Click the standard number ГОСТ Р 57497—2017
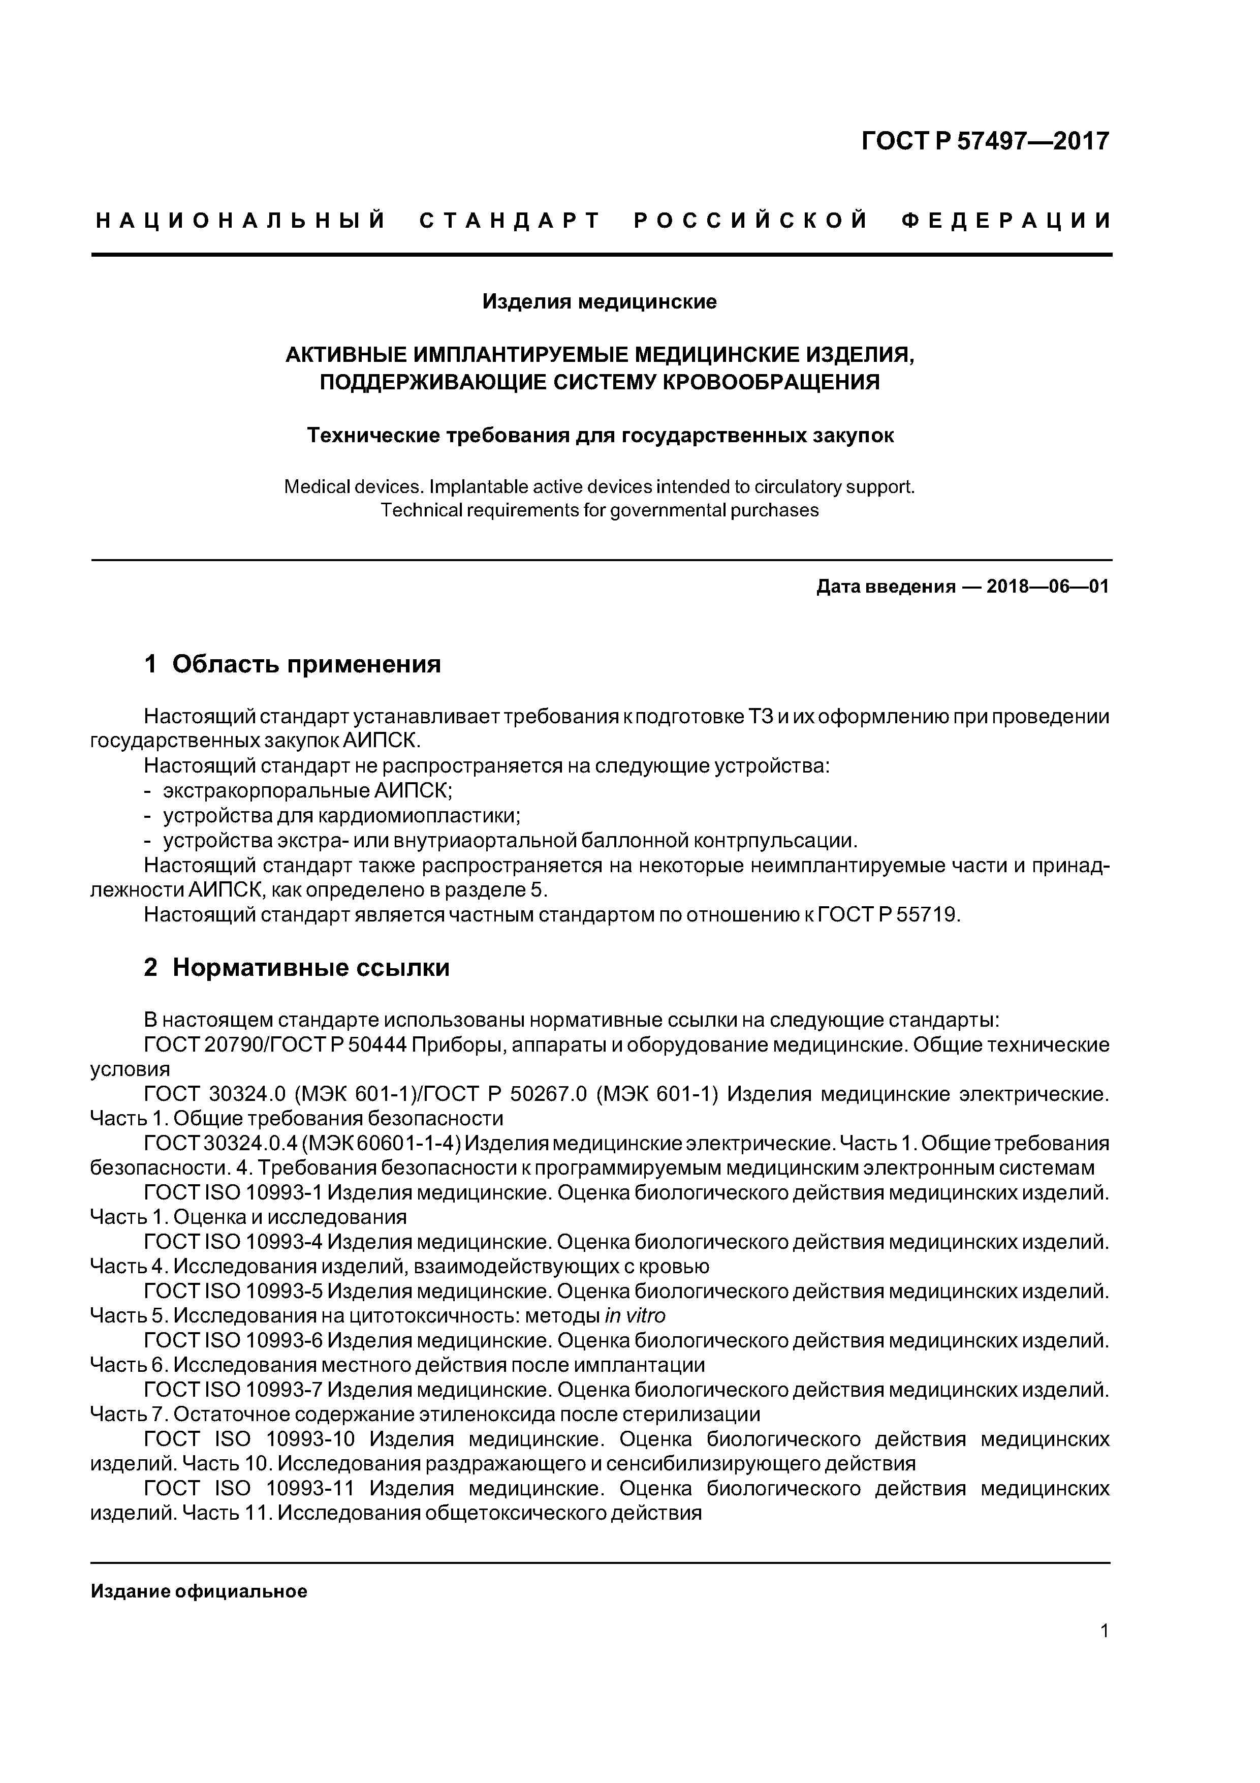pos(985,141)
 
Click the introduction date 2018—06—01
pos(1047,587)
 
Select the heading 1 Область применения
pos(293,664)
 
